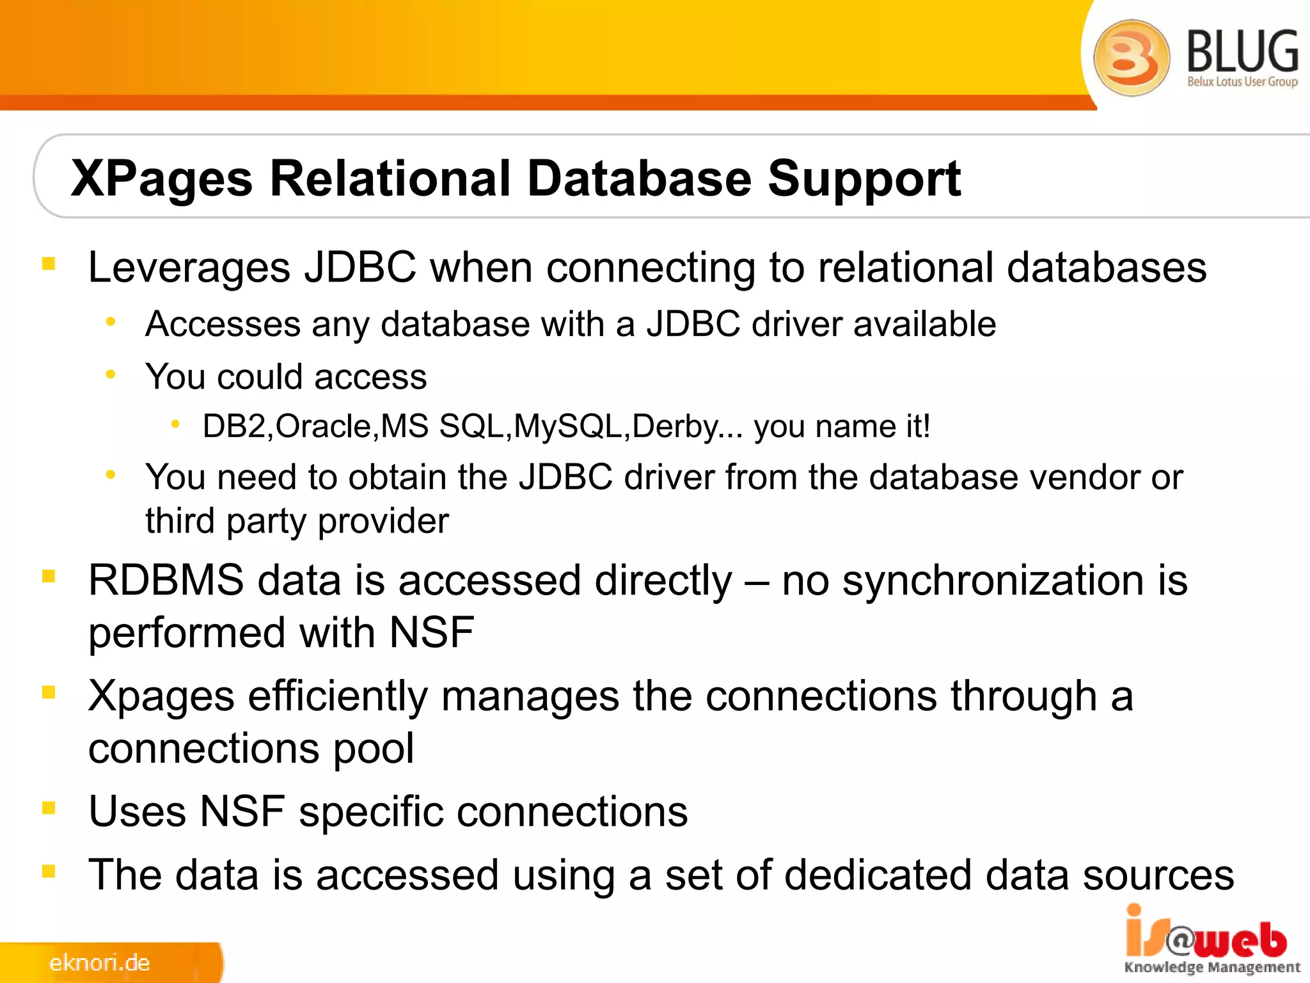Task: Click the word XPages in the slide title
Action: (162, 179)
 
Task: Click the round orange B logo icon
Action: (1131, 58)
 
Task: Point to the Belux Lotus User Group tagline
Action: (1242, 82)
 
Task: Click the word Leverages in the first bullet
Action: (189, 268)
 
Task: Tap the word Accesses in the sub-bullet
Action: (223, 324)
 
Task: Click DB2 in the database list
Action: (233, 426)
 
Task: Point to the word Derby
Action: (675, 426)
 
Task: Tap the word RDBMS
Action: (166, 580)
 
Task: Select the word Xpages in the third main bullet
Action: (161, 696)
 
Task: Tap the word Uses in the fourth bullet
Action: (137, 811)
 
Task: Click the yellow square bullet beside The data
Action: (49, 871)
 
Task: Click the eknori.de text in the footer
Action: (99, 963)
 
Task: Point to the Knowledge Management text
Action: (1212, 968)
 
